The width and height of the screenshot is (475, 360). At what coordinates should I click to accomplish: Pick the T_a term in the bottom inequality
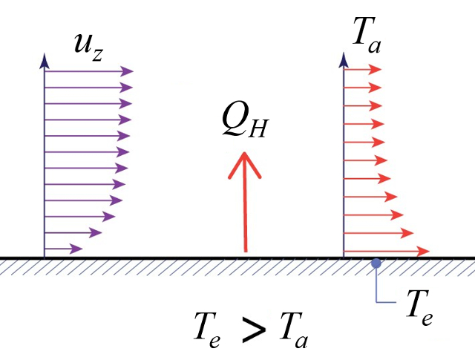(293, 330)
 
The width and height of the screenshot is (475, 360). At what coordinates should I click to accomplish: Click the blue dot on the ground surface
(376, 263)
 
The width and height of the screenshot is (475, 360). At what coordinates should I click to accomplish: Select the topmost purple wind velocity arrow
(89, 72)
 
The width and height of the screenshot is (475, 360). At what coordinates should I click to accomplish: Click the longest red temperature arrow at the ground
(386, 249)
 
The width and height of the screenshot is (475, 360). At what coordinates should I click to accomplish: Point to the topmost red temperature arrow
(363, 71)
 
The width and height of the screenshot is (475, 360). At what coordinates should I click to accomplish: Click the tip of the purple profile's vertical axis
(45, 58)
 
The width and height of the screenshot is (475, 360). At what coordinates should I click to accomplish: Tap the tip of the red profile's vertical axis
(344, 58)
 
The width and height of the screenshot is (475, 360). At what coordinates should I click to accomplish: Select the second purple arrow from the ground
(73, 232)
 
